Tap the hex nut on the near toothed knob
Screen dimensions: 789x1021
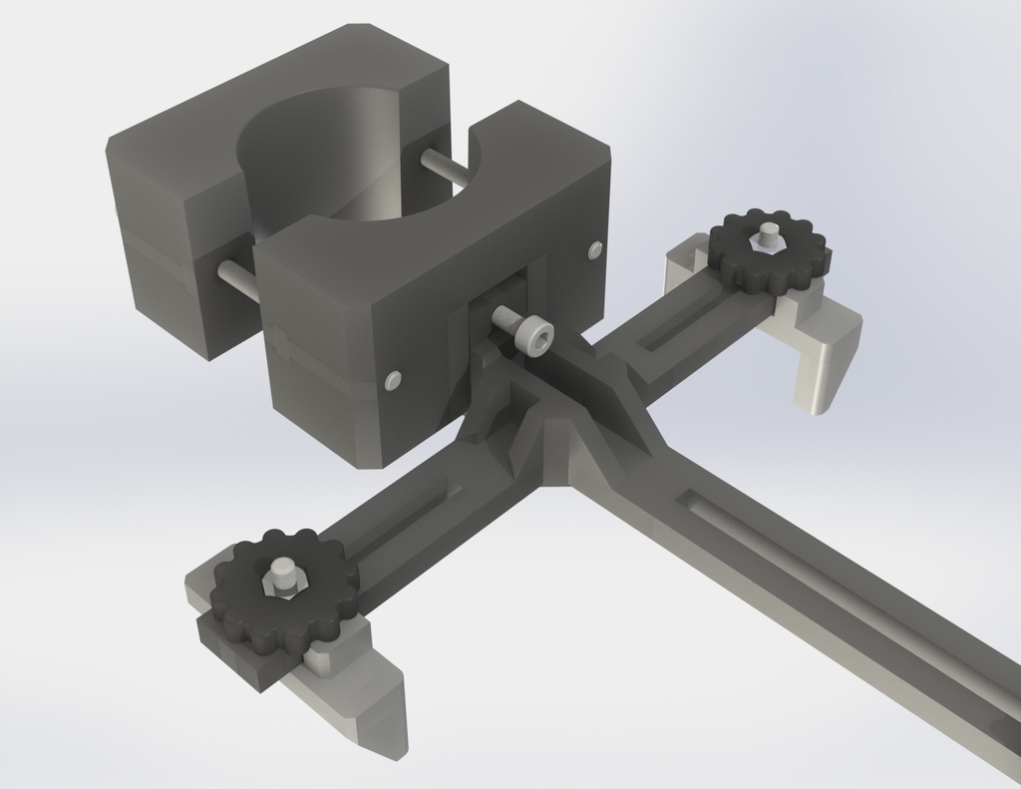pyautogui.click(x=282, y=576)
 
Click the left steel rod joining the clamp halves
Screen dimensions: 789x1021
pyautogui.click(x=236, y=279)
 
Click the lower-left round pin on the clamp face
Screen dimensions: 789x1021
pyautogui.click(x=393, y=379)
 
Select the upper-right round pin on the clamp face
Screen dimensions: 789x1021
pyautogui.click(x=595, y=248)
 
